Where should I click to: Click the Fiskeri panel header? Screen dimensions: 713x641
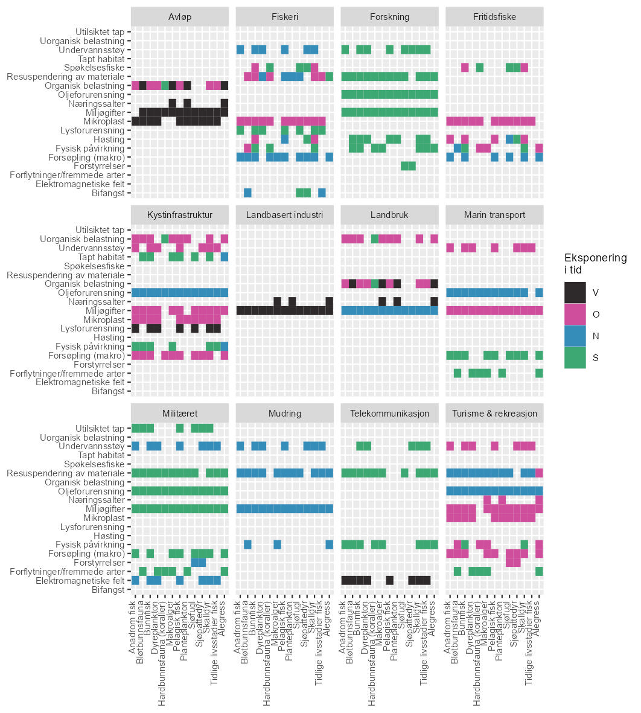click(284, 16)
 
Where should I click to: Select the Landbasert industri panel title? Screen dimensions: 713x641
click(284, 215)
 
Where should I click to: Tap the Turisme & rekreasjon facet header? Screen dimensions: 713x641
click(494, 414)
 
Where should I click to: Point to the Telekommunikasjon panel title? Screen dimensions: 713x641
click(389, 414)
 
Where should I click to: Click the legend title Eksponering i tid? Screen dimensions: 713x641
click(595, 264)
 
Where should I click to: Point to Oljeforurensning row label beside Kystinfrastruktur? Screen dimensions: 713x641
click(91, 293)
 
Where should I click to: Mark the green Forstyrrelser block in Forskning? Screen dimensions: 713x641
click(408, 166)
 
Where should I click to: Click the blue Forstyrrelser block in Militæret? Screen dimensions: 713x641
click(199, 563)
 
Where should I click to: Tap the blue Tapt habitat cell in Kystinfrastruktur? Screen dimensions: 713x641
click(225, 257)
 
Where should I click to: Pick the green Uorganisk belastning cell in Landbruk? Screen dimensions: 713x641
click(375, 239)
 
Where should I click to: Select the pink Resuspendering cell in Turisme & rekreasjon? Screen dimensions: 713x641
click(539, 473)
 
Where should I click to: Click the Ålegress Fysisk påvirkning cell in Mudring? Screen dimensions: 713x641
click(330, 545)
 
